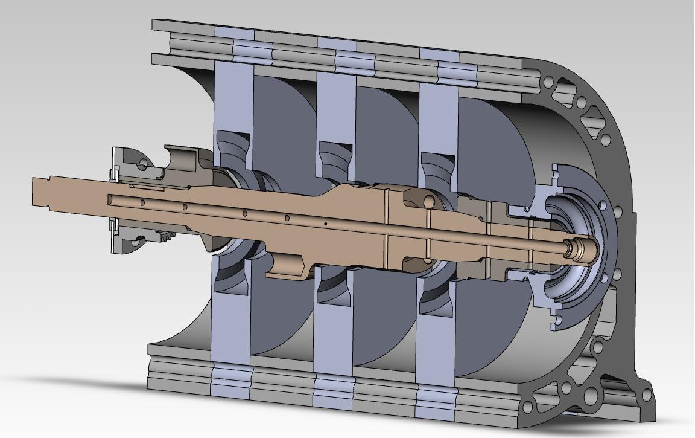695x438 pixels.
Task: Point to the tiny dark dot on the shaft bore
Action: click(326, 224)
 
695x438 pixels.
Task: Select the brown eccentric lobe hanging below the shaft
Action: click(287, 266)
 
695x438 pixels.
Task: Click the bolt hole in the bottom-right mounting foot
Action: click(646, 396)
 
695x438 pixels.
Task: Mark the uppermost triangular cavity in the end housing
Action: click(564, 90)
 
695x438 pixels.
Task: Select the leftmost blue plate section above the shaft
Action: click(232, 97)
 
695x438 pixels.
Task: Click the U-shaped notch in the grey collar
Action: click(181, 161)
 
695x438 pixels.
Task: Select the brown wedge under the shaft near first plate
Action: click(211, 242)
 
